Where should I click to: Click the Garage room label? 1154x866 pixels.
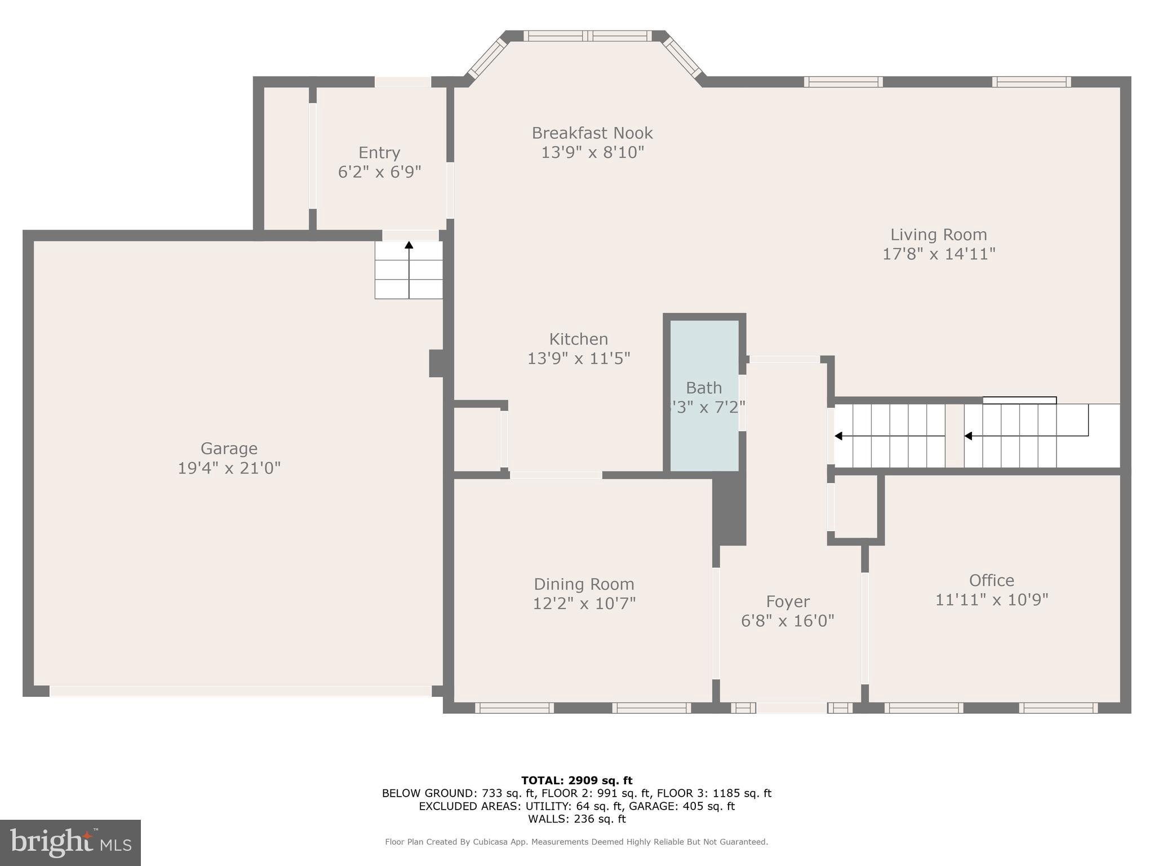pos(229,449)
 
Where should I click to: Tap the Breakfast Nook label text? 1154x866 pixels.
pos(592,134)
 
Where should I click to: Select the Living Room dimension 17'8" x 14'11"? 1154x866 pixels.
pos(938,254)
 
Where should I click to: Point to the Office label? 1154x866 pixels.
pos(991,580)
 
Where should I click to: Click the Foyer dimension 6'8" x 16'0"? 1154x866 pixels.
pos(787,621)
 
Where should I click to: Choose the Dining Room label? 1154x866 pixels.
pos(584,584)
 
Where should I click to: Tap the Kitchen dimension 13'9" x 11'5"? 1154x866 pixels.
pos(578,359)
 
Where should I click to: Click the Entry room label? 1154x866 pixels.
pos(379,153)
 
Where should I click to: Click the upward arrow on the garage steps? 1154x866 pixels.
pos(409,246)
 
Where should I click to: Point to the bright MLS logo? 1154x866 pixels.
pos(70,843)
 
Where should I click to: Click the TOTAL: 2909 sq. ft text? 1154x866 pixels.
pos(576,780)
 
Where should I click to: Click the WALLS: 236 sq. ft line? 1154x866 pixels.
pos(576,819)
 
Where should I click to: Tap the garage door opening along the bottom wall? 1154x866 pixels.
pos(241,691)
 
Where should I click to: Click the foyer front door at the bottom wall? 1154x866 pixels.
pos(791,708)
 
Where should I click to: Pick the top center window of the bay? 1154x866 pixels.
pos(587,36)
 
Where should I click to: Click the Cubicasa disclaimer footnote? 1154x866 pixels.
pos(576,842)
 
